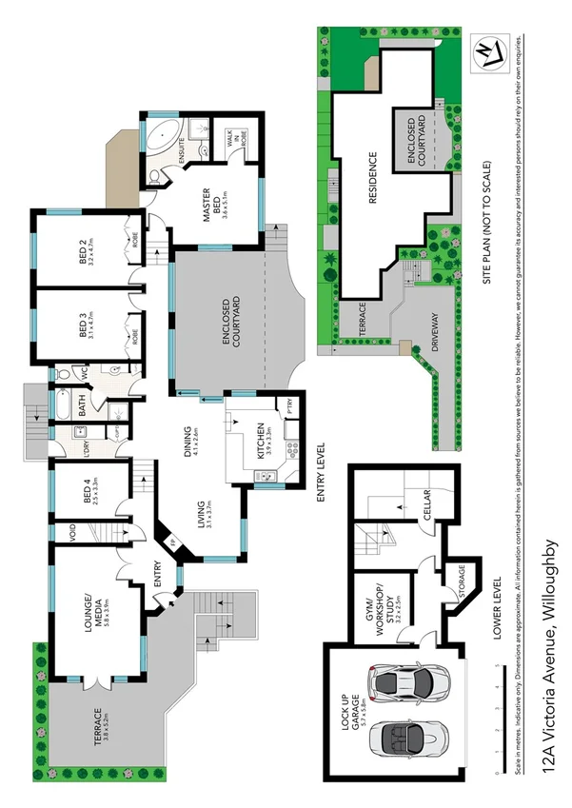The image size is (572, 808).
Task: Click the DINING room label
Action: click(191, 443)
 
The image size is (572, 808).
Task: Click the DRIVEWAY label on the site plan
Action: click(436, 334)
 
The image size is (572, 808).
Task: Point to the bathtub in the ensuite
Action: click(155, 136)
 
